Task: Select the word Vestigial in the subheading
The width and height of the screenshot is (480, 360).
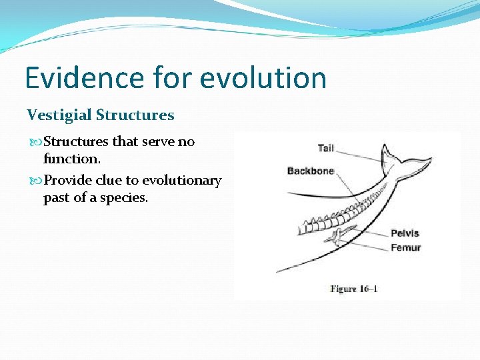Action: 59,115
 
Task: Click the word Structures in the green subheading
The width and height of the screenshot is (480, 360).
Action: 135,115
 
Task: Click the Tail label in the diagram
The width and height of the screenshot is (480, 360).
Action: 326,147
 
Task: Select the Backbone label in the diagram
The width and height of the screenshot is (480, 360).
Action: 310,171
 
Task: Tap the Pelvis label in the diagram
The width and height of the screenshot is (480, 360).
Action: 405,233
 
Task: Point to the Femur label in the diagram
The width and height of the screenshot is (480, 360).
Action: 405,247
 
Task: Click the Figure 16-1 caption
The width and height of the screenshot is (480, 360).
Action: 354,289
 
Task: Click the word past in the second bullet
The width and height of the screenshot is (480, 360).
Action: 58,198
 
